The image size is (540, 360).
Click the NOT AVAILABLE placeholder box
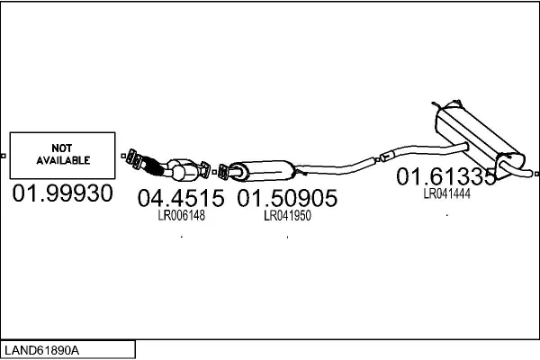click(62, 156)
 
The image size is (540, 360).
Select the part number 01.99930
click(62, 194)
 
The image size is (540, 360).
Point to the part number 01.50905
click(287, 198)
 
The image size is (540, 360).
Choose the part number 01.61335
click(446, 176)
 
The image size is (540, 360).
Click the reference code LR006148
click(182, 216)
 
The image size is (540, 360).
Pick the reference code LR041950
click(287, 216)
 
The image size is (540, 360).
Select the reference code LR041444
click(447, 193)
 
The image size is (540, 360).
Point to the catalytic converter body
click(184, 167)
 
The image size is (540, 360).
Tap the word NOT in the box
click(62, 147)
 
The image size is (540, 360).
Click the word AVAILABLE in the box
click(62, 160)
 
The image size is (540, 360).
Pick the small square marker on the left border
click(4, 156)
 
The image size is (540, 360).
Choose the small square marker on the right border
click(536, 169)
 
